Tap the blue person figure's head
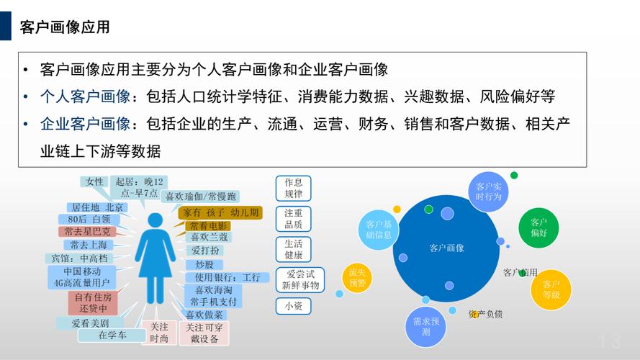pyautogui.click(x=156, y=220)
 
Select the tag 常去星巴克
pyautogui.click(x=87, y=232)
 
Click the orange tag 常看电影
pyautogui.click(x=209, y=225)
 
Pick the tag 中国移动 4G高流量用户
pyautogui.click(x=82, y=277)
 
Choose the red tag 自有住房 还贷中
pyautogui.click(x=93, y=303)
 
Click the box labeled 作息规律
pyautogui.click(x=293, y=188)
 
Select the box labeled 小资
pyautogui.click(x=293, y=305)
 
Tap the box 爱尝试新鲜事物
pyautogui.click(x=300, y=279)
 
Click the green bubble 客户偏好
pyautogui.click(x=538, y=228)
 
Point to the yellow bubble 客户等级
pyautogui.click(x=551, y=289)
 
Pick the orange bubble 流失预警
pyautogui.click(x=357, y=278)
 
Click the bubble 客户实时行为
pyautogui.click(x=488, y=192)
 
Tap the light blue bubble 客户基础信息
pyautogui.click(x=379, y=229)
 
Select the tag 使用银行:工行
pyautogui.click(x=223, y=277)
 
